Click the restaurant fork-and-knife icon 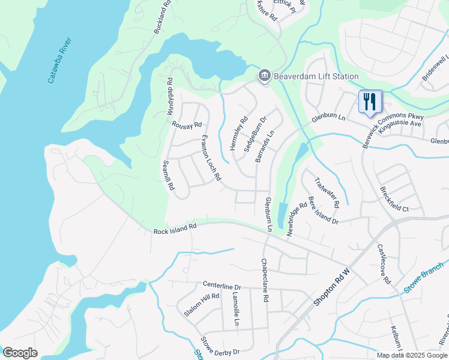pyautogui.click(x=370, y=101)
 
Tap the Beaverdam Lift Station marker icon pyautogui.click(x=264, y=76)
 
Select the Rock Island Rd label pyautogui.click(x=175, y=227)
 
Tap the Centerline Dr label pyautogui.click(x=221, y=287)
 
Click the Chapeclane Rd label pyautogui.click(x=265, y=280)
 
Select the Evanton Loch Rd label pyautogui.click(x=211, y=158)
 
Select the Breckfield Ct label pyautogui.click(x=394, y=199)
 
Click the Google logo pyautogui.click(x=20, y=352)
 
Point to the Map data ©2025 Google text pyautogui.click(x=412, y=355)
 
